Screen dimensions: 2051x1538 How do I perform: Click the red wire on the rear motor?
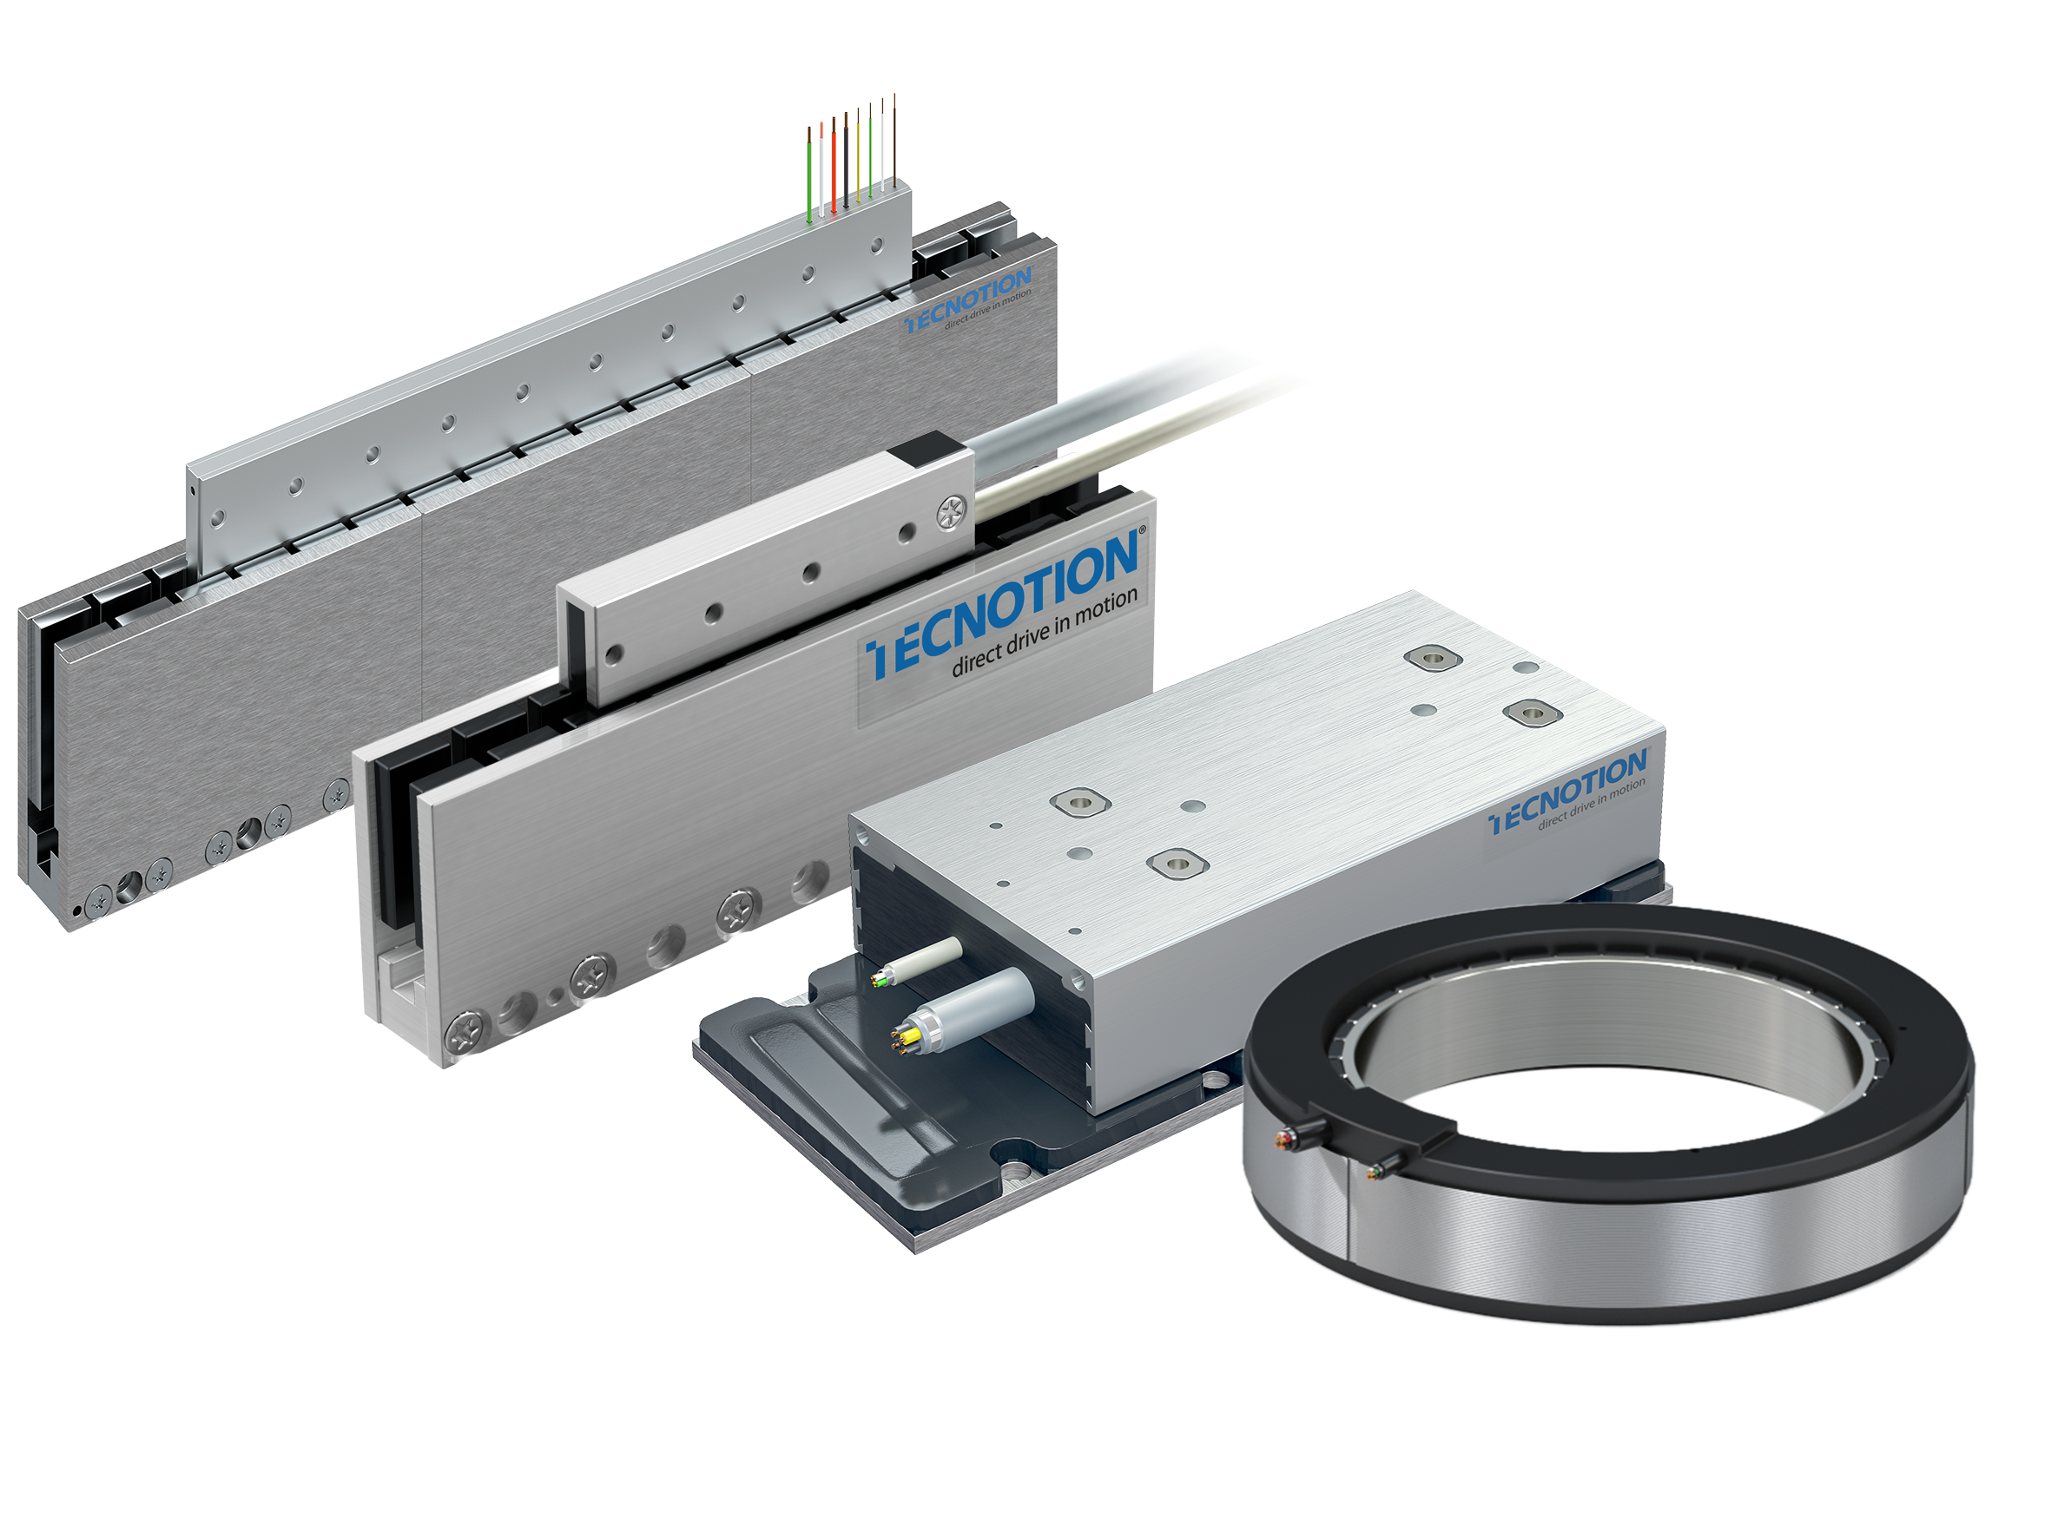[834, 167]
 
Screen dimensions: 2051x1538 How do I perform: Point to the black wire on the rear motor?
[846, 160]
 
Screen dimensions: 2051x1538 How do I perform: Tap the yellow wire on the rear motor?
[859, 154]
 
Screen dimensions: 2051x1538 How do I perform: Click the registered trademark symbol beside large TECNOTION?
[1143, 530]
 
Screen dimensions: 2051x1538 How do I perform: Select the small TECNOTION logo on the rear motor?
[968, 299]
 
